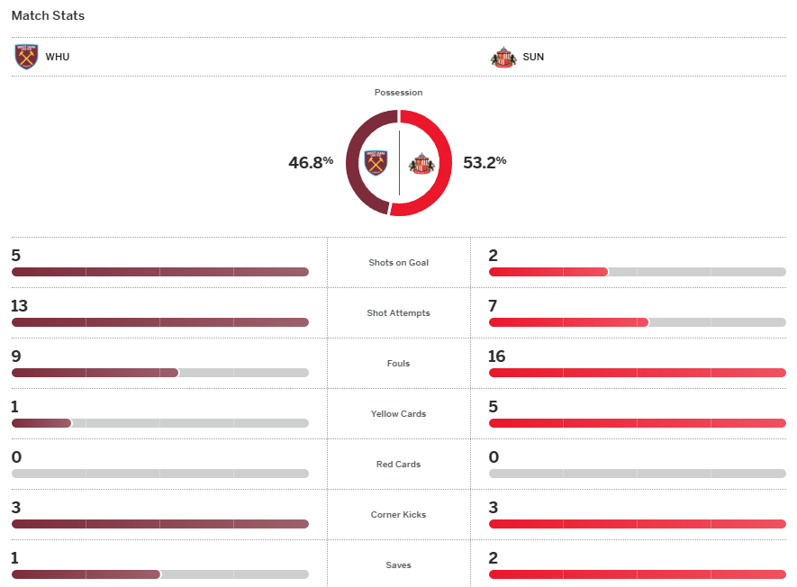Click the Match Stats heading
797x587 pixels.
pos(48,15)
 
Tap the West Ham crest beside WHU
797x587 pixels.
pos(27,57)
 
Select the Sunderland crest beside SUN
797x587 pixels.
pos(503,57)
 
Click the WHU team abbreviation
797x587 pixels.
pos(58,57)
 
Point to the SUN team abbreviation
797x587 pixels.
pos(533,57)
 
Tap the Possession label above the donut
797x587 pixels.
pos(398,93)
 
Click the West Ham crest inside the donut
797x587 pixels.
pos(376,163)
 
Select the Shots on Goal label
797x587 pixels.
pos(398,263)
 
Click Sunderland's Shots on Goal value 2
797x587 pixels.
pos(493,256)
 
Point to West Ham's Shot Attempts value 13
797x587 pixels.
pos(19,306)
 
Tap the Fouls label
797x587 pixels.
pos(398,364)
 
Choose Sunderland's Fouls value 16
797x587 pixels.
pos(496,357)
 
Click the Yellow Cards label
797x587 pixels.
pos(398,414)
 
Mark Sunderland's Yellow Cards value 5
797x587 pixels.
pos(493,407)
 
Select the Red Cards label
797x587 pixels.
pos(398,465)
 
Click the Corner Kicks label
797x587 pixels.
pos(398,515)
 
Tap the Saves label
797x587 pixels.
pos(398,565)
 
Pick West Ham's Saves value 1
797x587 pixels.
pos(15,558)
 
